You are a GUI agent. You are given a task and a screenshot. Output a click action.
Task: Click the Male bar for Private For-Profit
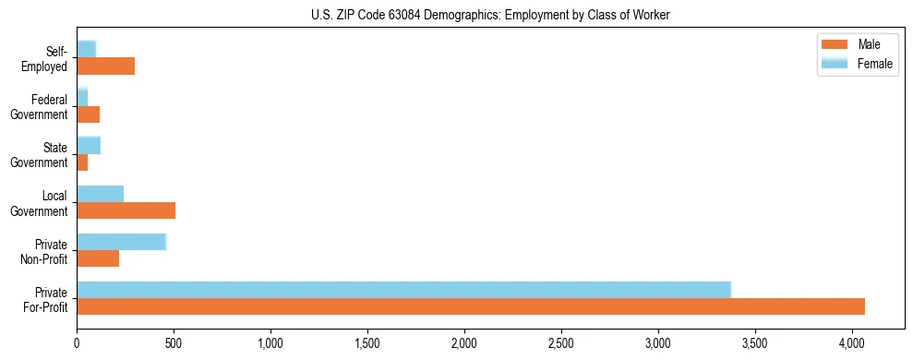pos(471,306)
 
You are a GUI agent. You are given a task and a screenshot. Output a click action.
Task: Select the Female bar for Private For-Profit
pos(403,289)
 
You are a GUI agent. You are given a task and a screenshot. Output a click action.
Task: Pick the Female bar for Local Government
pos(100,193)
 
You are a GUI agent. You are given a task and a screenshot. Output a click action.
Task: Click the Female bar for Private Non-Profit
pos(121,241)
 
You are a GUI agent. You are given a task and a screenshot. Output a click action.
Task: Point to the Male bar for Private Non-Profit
pos(98,258)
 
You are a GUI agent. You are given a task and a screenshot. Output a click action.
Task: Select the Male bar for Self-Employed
pos(105,66)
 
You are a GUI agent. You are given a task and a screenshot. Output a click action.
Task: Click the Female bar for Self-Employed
pos(86,49)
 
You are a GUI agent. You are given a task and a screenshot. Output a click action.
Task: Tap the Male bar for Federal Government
pos(88,114)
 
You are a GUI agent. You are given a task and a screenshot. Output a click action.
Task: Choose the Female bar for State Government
pos(89,145)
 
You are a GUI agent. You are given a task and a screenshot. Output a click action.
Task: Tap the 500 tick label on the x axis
pos(174,343)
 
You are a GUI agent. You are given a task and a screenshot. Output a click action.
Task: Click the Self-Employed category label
pos(47,59)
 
